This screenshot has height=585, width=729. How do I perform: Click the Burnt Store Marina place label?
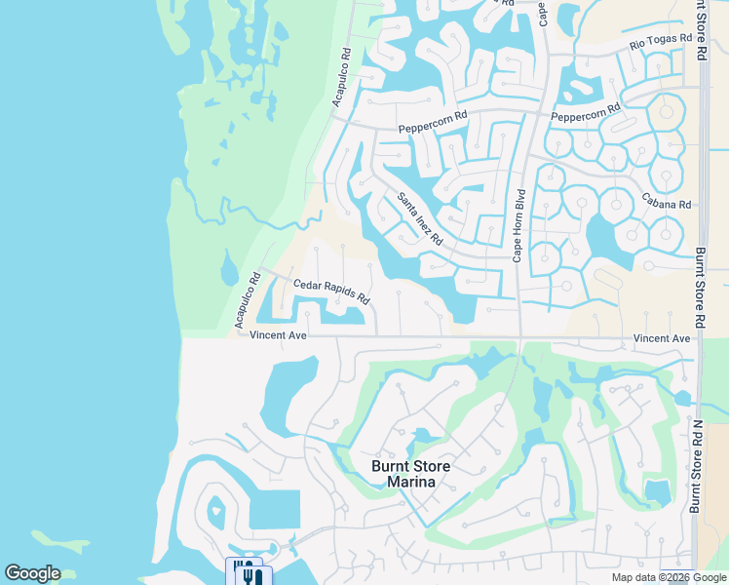point(411,474)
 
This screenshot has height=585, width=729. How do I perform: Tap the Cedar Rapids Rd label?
point(331,291)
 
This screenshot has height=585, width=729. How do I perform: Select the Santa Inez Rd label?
point(420,218)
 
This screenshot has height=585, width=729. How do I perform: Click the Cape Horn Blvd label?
point(519,225)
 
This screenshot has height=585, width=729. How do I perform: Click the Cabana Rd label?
point(666,205)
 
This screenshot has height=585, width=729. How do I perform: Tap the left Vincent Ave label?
point(278,335)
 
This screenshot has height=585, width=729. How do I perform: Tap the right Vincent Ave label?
point(662,338)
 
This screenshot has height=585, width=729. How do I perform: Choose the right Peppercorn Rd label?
point(586,113)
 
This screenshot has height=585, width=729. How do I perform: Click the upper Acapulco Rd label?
point(340,77)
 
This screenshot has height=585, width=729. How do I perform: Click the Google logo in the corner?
point(33,573)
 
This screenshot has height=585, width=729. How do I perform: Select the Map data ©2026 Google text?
point(669,577)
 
